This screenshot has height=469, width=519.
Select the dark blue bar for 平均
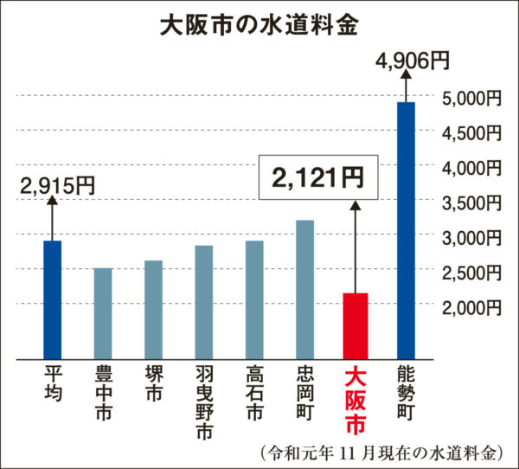(52, 299)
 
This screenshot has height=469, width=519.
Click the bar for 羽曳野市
(203, 302)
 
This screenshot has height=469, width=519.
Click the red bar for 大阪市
(355, 325)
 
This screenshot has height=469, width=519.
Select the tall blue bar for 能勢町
(405, 229)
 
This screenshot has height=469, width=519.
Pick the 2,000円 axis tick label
(471, 307)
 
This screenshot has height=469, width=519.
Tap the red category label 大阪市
(355, 398)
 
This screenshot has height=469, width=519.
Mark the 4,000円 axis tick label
(471, 168)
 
